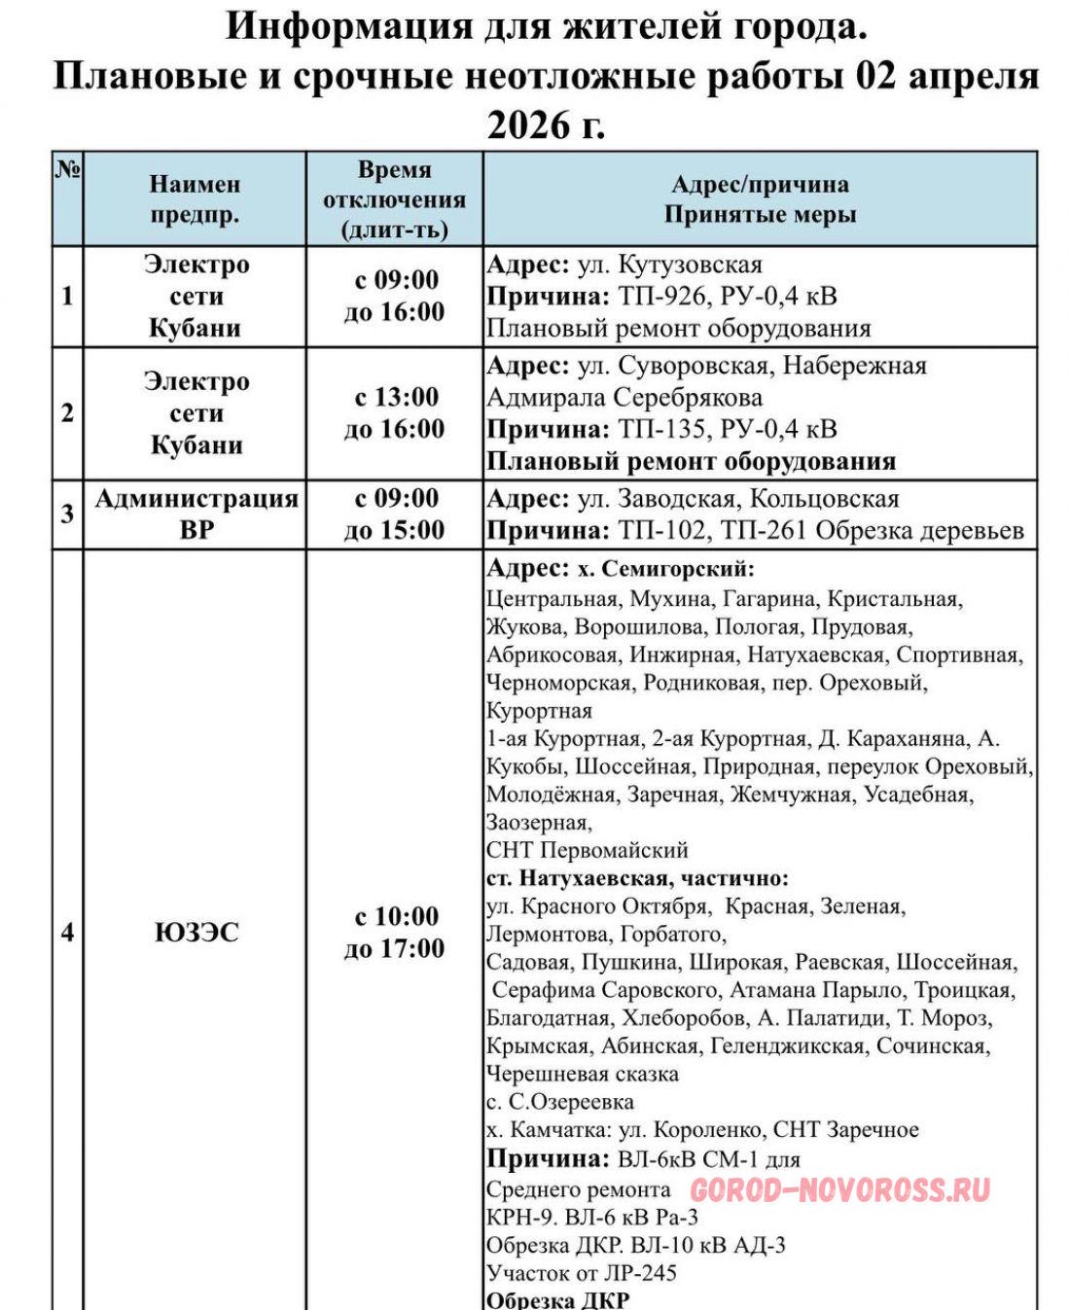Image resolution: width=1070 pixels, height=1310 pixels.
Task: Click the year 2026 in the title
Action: point(530,124)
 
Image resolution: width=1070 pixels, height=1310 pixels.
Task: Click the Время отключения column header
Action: point(394,199)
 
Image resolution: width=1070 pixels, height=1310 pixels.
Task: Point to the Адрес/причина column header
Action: point(760,199)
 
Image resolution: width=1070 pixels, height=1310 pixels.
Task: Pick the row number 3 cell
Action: point(67,513)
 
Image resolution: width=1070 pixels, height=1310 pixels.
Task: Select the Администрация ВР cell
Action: point(196,513)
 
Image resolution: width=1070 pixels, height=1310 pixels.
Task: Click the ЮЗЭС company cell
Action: point(196,932)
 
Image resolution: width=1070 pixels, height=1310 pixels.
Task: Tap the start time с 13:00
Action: point(395,397)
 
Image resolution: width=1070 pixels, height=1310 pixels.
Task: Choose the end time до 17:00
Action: point(394,948)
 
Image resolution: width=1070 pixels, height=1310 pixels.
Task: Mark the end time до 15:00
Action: point(394,530)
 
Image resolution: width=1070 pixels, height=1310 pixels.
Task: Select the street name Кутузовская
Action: point(690,265)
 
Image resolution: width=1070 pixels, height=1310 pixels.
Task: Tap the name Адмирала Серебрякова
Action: point(624,398)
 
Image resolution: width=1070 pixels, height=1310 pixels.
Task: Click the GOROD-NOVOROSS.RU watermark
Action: point(839,1189)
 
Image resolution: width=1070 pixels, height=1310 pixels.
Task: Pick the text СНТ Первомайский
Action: point(587,850)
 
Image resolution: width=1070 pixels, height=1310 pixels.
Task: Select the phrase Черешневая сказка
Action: point(582,1075)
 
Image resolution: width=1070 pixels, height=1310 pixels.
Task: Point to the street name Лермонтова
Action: point(544,935)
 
